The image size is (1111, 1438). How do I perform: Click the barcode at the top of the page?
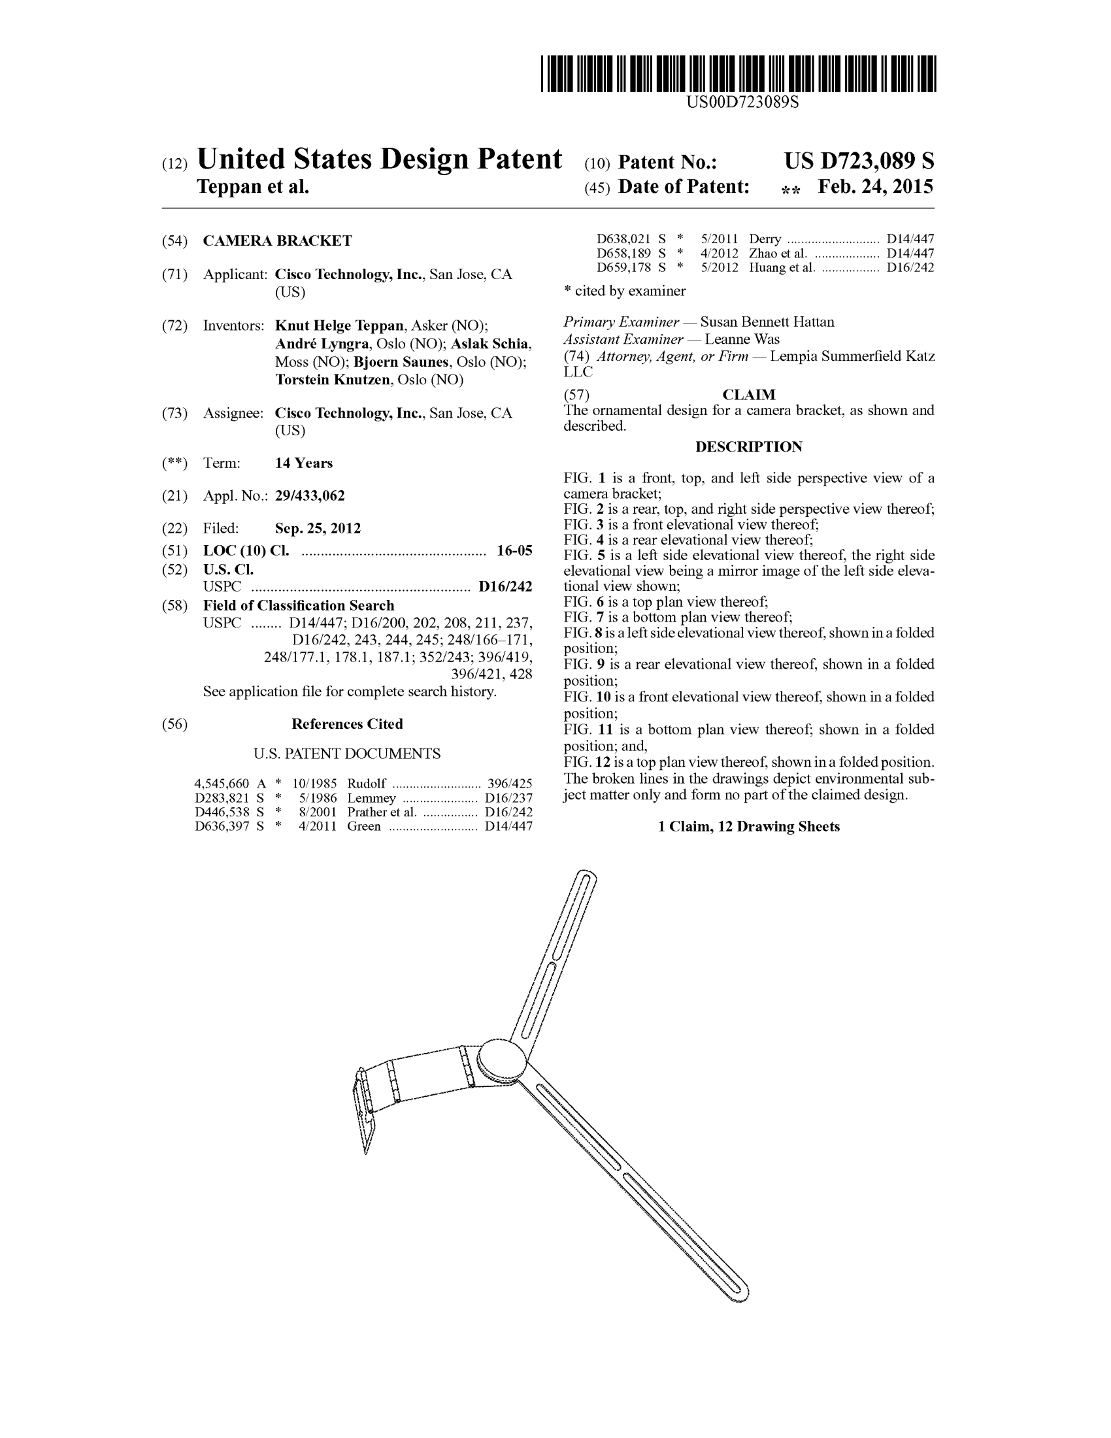point(738,74)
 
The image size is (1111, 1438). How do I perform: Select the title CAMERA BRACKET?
point(277,241)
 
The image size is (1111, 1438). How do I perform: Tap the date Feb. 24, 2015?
point(874,187)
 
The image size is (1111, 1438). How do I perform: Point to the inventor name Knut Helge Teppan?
point(339,326)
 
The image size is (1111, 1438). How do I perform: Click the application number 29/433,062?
point(309,496)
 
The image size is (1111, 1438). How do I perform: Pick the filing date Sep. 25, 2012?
point(317,528)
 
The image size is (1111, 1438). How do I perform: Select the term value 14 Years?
point(303,463)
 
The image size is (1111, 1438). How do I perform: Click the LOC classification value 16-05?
point(514,550)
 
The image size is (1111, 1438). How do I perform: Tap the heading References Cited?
point(347,724)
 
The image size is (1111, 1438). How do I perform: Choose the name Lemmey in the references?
point(371,798)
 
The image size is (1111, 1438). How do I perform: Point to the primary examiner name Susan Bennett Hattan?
point(767,322)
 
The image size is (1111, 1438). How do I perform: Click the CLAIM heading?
point(748,394)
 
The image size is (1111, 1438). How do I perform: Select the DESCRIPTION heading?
point(748,446)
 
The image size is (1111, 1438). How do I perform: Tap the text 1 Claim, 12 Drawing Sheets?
point(748,826)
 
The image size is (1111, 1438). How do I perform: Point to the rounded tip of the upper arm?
point(586,877)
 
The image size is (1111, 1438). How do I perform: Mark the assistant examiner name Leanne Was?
point(742,339)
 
